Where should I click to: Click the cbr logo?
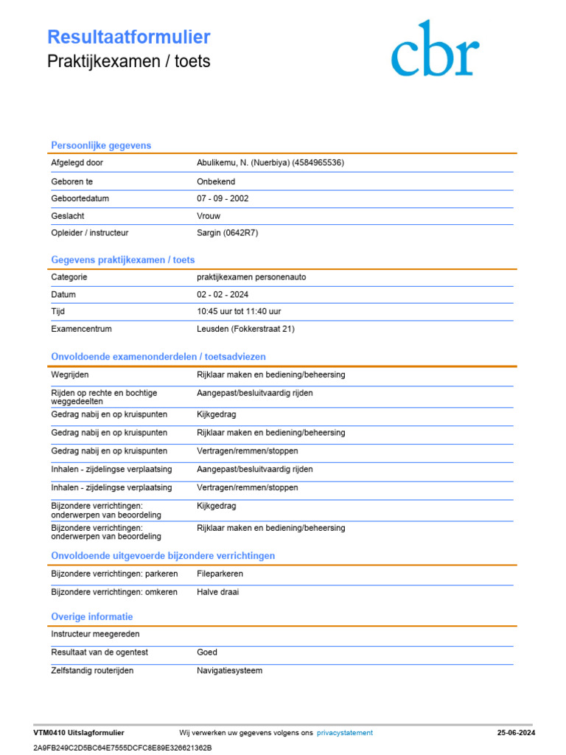click(x=435, y=49)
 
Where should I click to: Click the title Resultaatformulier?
click(x=129, y=38)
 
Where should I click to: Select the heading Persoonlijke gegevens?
click(x=101, y=145)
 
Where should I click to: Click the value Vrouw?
click(x=209, y=216)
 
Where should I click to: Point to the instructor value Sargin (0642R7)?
click(x=228, y=233)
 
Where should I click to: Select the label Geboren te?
click(x=72, y=181)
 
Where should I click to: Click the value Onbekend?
click(x=216, y=181)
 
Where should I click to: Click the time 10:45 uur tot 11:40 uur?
click(x=239, y=312)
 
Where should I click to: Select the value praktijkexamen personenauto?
click(x=251, y=277)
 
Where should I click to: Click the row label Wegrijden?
click(x=69, y=375)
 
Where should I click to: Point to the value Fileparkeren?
click(x=220, y=574)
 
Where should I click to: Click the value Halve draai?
click(x=218, y=592)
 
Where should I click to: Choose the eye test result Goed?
click(x=207, y=653)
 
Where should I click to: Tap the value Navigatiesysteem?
click(x=229, y=671)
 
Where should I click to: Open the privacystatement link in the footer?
click(x=345, y=733)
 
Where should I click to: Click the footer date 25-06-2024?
click(x=516, y=733)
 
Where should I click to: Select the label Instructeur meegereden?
click(x=95, y=634)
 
